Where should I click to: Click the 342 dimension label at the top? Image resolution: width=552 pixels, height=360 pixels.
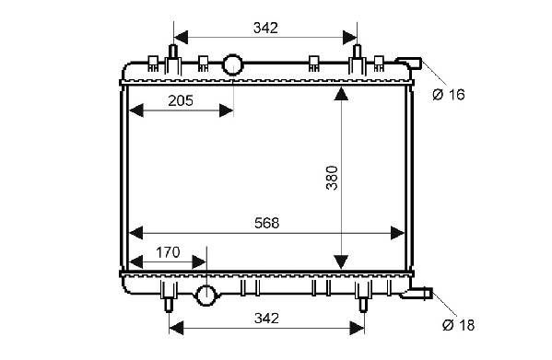pyautogui.click(x=265, y=28)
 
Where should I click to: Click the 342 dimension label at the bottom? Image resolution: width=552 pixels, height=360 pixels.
pyautogui.click(x=267, y=319)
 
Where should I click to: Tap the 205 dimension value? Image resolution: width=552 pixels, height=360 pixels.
pyautogui.click(x=181, y=101)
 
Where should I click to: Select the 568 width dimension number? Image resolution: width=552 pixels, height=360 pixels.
pyautogui.click(x=267, y=223)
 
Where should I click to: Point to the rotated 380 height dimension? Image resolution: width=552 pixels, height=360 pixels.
pyautogui.click(x=332, y=178)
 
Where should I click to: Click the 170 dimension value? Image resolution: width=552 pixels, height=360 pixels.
pyautogui.click(x=168, y=252)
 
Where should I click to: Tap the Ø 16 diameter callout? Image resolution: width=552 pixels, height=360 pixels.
pyautogui.click(x=449, y=95)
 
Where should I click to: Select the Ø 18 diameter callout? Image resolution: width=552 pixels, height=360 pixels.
pyautogui.click(x=459, y=325)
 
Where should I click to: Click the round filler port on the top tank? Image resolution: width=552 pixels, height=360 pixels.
pyautogui.click(x=232, y=64)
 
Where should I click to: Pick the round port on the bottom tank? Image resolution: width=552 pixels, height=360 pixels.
pyautogui.click(x=206, y=296)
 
